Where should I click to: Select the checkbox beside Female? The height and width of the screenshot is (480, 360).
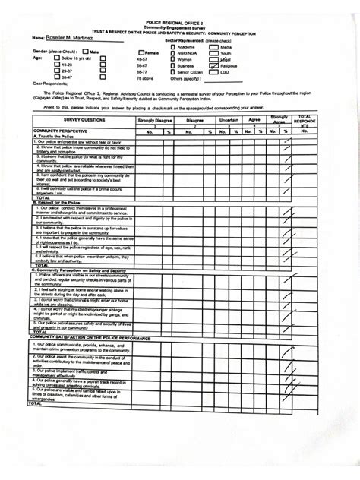coord(141,53)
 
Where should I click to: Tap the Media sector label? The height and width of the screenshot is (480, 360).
coord(226,47)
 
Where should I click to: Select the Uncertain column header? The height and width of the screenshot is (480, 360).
coord(228,120)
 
